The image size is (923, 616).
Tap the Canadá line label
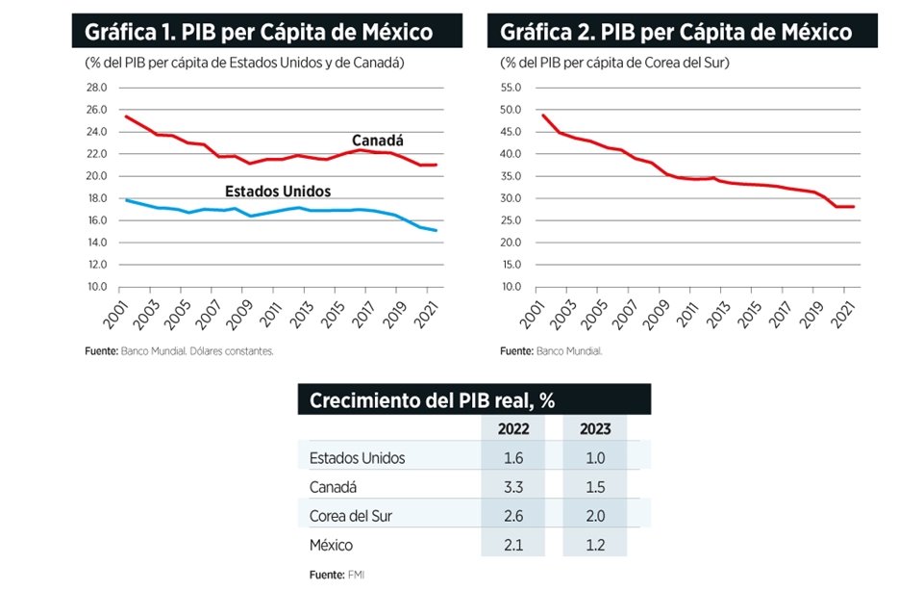[x=377, y=141]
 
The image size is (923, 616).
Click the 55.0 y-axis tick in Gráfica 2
[x=511, y=87]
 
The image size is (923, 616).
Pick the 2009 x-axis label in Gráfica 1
[x=244, y=311]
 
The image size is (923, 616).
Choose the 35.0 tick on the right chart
[x=511, y=176]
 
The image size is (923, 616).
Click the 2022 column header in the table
[x=512, y=429]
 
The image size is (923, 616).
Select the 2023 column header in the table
[x=594, y=429]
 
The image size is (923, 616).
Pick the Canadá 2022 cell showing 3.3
[x=512, y=487]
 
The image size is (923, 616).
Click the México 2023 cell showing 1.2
[x=594, y=545]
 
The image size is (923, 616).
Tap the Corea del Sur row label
[x=350, y=516]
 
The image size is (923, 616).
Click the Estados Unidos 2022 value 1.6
[x=512, y=458]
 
